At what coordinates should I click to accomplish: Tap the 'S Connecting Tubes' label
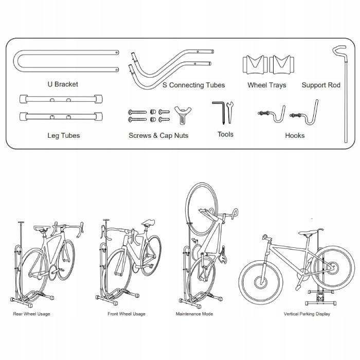(193, 85)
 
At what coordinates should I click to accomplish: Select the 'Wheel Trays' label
(266, 85)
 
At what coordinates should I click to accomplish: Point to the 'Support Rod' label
(321, 85)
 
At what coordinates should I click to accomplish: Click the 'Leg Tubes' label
(63, 136)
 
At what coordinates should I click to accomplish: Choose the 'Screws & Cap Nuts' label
(158, 136)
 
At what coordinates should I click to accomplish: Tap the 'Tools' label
(225, 134)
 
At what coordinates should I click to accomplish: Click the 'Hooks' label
(295, 136)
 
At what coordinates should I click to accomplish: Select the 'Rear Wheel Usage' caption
(32, 314)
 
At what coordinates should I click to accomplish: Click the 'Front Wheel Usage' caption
(127, 314)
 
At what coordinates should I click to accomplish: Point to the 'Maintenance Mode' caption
(194, 314)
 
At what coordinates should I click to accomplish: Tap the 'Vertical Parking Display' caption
(307, 314)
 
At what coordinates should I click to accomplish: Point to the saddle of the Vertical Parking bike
(309, 234)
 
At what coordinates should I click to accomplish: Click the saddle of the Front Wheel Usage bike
(150, 223)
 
